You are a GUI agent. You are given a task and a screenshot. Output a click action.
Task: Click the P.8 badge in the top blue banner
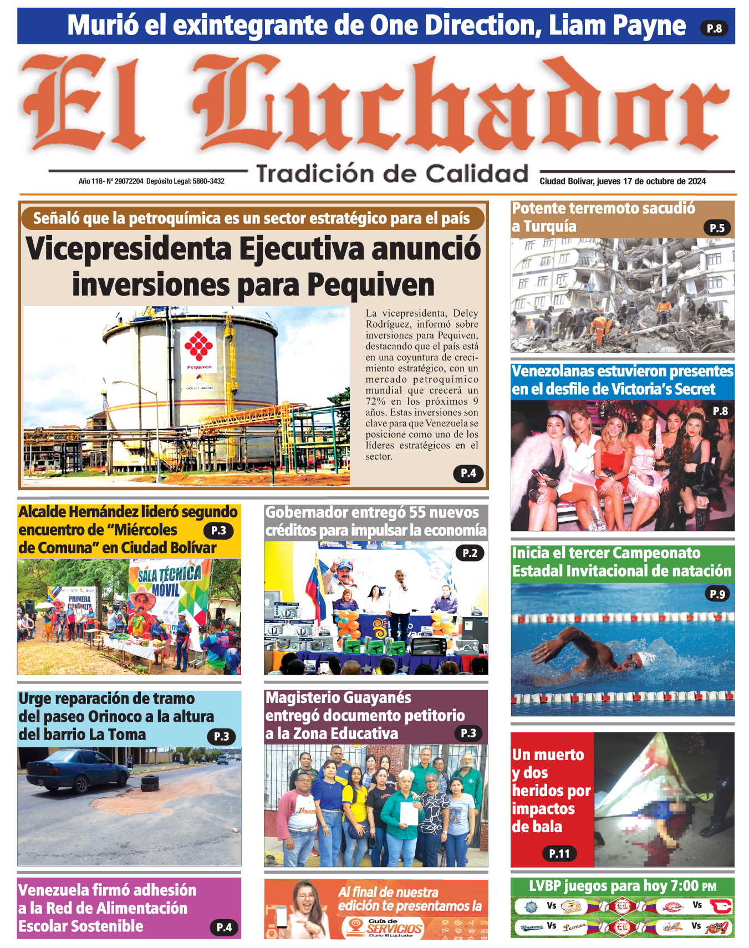click(714, 28)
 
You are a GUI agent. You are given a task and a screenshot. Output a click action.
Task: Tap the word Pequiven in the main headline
click(371, 285)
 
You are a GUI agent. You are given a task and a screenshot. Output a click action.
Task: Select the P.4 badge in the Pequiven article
click(468, 473)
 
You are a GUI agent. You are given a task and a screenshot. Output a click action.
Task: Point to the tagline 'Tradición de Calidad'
click(393, 174)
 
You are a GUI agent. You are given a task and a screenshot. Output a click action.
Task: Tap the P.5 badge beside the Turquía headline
click(717, 228)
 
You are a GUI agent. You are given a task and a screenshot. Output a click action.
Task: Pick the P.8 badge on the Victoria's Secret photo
click(720, 411)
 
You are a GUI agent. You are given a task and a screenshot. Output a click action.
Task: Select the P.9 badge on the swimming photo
click(717, 594)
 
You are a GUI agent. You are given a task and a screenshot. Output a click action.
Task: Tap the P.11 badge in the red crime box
click(559, 854)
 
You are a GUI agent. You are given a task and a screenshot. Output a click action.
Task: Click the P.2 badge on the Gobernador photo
click(470, 553)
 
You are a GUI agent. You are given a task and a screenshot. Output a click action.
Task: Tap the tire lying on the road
click(149, 783)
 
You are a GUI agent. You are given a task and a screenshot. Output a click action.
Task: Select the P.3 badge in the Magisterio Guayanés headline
click(468, 733)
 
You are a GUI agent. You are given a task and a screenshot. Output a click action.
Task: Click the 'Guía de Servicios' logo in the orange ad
click(388, 926)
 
